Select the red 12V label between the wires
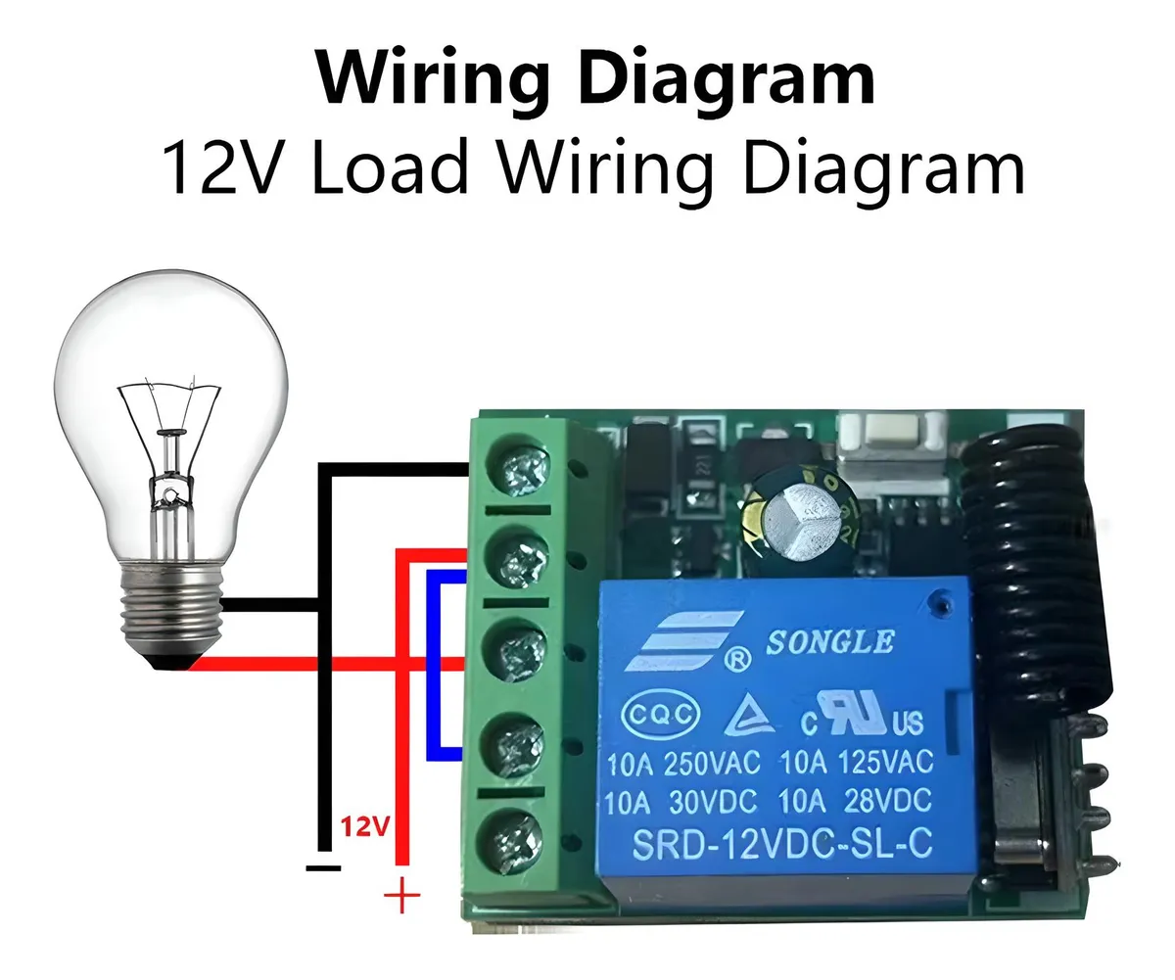364,827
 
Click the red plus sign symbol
401,896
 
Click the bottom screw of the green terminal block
516,839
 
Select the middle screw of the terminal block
516,652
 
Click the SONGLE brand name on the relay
828,642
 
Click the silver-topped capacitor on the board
799,512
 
